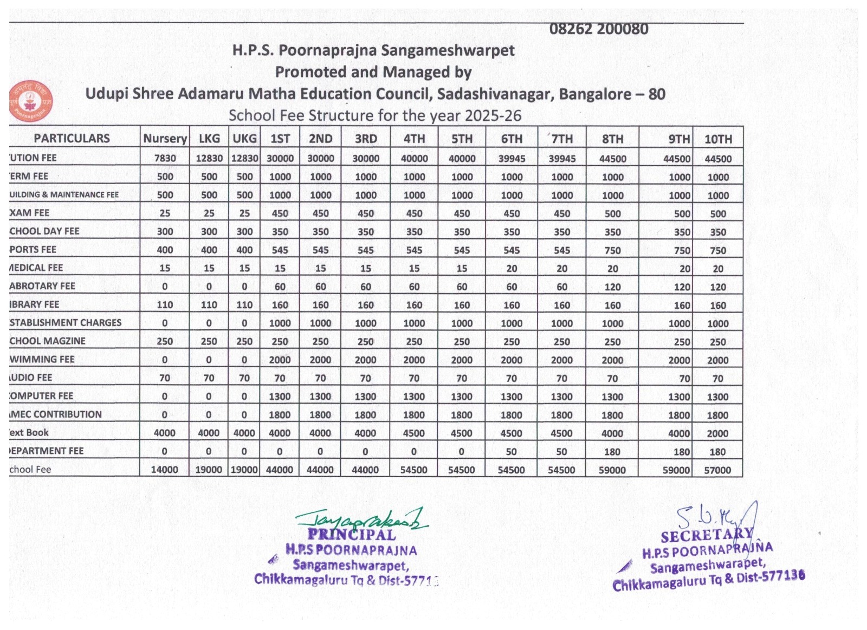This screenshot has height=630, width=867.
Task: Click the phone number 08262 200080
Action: [598, 29]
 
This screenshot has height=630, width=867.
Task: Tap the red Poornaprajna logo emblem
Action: [30, 101]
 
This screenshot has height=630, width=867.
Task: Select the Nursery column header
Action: [165, 139]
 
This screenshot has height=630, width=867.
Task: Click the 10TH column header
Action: [718, 139]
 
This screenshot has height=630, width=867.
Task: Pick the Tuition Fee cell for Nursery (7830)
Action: [165, 158]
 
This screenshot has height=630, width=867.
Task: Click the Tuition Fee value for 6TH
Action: [511, 159]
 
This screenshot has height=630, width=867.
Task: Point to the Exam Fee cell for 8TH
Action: [612, 213]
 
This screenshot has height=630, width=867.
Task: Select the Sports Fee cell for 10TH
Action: [718, 250]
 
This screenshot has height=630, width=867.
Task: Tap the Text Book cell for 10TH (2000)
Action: [717, 433]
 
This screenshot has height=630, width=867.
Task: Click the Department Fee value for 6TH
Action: [511, 452]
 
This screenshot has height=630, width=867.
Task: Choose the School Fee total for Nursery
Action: [164, 470]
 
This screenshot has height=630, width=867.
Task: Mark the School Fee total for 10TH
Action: [717, 470]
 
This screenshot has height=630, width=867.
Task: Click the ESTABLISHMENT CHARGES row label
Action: [66, 323]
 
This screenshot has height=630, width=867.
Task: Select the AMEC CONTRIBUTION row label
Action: [56, 414]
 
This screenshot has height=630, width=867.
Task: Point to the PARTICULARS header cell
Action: [72, 139]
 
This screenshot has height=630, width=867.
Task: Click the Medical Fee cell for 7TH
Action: [561, 269]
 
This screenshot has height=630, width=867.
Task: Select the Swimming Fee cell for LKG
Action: [209, 360]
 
